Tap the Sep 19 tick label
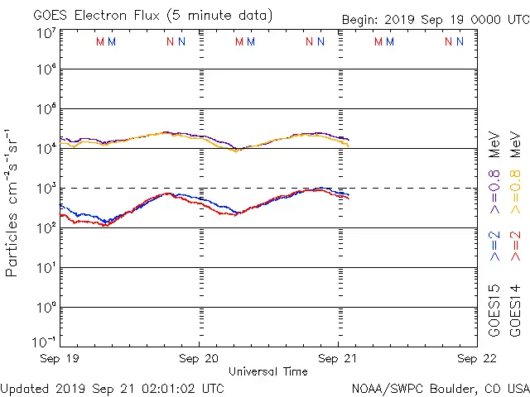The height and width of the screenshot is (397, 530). pos(60,359)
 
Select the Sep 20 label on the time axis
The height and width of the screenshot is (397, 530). pos(199,359)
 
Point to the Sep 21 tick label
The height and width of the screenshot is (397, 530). pos(338,359)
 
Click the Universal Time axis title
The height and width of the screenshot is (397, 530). pos(267,371)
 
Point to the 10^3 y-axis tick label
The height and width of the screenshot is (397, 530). pos(46,188)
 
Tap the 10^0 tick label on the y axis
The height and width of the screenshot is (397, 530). pos(46,307)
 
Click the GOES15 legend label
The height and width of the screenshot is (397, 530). pos(494,311)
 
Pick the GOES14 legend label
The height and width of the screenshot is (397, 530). pos(514,311)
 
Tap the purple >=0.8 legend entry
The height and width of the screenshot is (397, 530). pos(494,180)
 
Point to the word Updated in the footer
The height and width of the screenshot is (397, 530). pos(26,387)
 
